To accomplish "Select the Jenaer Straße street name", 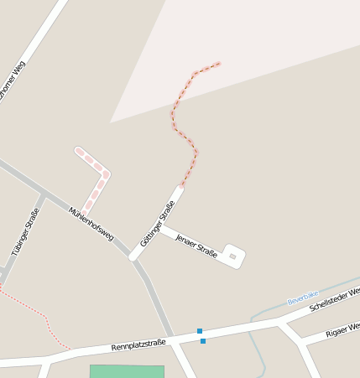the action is [x=197, y=245].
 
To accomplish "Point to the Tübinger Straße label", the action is [x=26, y=230].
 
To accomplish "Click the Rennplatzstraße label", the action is [x=138, y=344].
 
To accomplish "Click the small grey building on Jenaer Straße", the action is [x=233, y=256].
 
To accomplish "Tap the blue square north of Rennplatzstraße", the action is [x=200, y=331].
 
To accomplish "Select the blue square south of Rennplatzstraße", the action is [x=203, y=341].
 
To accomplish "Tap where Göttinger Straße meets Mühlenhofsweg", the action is [x=134, y=255].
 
